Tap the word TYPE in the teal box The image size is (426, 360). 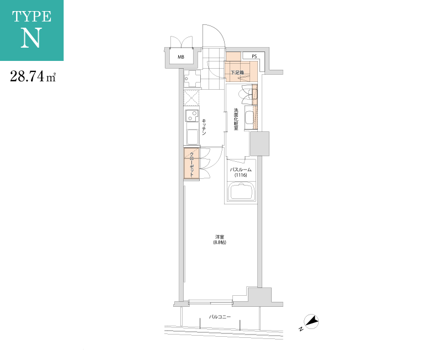click(32, 17)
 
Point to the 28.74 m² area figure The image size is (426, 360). click(33, 76)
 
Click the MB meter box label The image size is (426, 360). click(181, 57)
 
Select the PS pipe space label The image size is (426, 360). click(254, 56)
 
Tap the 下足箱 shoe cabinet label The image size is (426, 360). click(237, 73)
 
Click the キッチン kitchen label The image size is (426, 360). click(204, 127)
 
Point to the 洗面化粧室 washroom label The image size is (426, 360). click(236, 119)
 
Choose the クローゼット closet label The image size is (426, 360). click(191, 165)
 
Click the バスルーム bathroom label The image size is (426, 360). click(241, 169)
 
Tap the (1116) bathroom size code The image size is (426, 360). click(241, 175)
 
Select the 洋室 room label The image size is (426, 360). click(220, 237)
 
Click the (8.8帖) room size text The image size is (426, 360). click(220, 242)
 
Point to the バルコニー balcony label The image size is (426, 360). click(220, 317)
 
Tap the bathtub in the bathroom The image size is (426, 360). click(242, 192)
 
